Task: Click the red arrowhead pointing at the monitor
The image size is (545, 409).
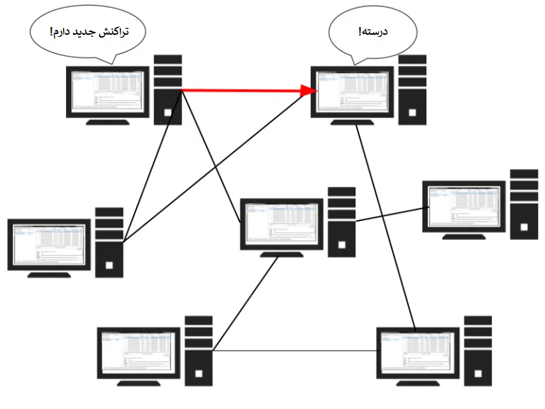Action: [x=309, y=90]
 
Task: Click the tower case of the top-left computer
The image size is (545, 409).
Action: [x=168, y=89]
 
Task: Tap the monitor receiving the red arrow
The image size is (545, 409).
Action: [x=353, y=90]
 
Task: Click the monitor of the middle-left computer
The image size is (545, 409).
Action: [x=49, y=244]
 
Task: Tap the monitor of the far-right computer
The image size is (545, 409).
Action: [x=464, y=206]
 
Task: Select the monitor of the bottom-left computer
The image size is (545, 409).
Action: [x=138, y=351]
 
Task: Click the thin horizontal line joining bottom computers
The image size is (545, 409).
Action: [x=294, y=350]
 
